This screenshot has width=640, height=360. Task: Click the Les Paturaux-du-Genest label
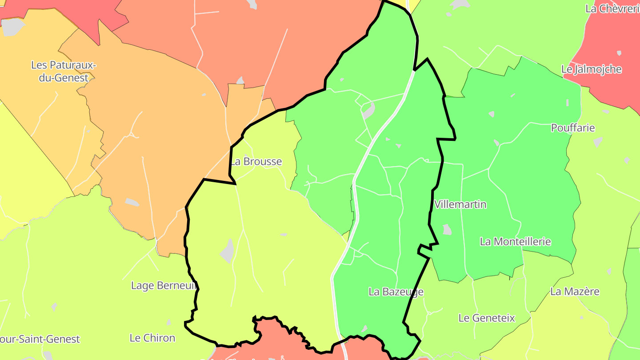click(63, 71)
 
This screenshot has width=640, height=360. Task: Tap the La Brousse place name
click(256, 161)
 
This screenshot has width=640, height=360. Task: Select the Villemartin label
click(460, 204)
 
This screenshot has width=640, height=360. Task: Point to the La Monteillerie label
click(515, 241)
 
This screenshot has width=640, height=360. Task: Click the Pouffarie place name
click(572, 128)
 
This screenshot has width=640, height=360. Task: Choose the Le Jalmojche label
click(591, 69)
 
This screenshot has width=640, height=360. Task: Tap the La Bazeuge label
click(396, 292)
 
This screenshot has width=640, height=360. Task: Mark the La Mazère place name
click(575, 292)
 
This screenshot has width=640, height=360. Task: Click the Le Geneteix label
click(486, 318)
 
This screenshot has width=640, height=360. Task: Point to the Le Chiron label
click(152, 338)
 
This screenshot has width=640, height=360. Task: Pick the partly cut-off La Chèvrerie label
click(612, 8)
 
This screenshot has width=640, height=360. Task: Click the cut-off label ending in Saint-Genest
click(40, 339)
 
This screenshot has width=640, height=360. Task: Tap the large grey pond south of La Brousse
click(228, 251)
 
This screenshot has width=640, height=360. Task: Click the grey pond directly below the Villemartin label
click(447, 229)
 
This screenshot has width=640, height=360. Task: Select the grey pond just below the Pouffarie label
click(598, 142)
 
